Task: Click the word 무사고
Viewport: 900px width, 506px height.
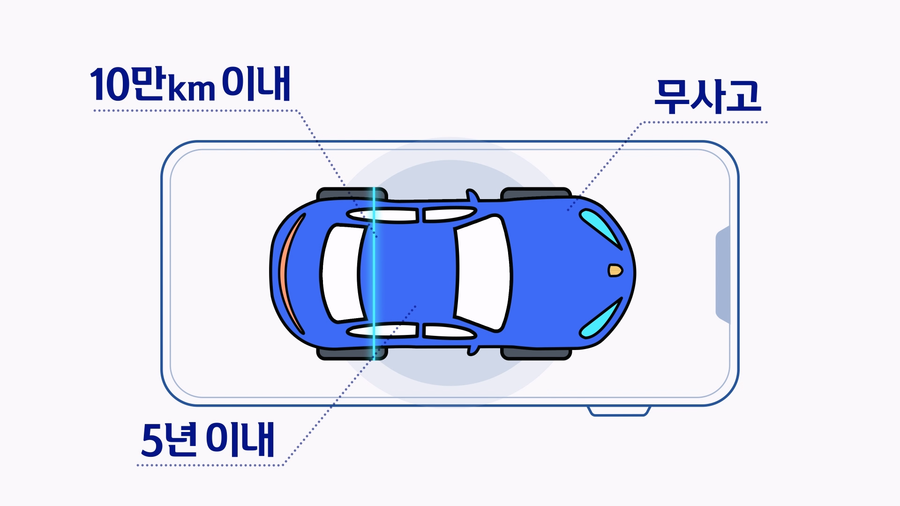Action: coord(707,97)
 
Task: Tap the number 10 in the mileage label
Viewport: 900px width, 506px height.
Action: coord(110,86)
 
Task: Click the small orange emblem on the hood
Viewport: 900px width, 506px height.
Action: coord(615,270)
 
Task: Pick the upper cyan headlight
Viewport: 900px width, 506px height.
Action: coord(600,225)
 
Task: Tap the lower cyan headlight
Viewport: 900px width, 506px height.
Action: coord(600,319)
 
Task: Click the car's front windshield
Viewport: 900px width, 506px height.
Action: coord(483,272)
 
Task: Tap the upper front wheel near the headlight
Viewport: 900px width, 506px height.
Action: coord(535,193)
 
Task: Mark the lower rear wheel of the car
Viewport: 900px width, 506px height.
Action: coord(352,354)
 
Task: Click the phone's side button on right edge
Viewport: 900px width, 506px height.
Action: coord(723,274)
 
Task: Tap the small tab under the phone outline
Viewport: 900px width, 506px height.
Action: coord(619,411)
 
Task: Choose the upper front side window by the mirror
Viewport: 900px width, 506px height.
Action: coord(448,214)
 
